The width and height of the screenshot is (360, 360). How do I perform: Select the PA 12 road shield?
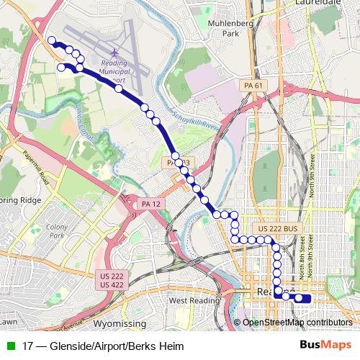point(150,204)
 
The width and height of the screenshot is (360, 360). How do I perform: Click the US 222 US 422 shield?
point(111,280)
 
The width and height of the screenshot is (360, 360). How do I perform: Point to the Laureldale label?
point(318,4)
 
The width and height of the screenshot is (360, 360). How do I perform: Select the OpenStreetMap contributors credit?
point(297,322)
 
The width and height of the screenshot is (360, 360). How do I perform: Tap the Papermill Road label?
point(34,168)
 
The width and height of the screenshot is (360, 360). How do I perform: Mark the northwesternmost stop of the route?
point(51,41)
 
